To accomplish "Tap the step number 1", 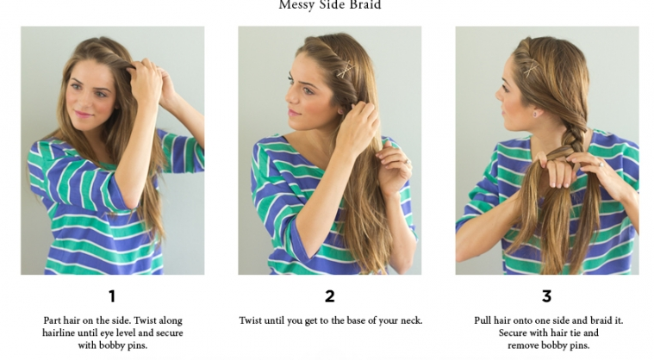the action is [x=112, y=296].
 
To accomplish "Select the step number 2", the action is [x=329, y=296].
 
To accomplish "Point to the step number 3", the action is [x=546, y=296].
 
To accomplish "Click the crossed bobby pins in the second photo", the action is [x=346, y=70].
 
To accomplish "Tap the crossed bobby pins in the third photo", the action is [x=531, y=68].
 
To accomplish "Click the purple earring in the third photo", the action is [x=535, y=114].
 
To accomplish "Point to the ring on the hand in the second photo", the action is [x=408, y=162].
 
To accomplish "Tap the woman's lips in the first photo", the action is [x=83, y=114].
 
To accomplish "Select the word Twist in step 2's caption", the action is [x=250, y=320].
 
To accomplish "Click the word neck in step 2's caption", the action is [x=411, y=321].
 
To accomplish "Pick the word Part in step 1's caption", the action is [x=53, y=321].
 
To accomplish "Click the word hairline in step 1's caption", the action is [x=59, y=333].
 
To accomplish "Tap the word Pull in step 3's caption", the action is [x=483, y=321].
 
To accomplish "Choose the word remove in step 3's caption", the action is [x=522, y=345].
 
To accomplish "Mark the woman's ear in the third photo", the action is [x=534, y=110].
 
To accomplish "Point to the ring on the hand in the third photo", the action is [x=601, y=164].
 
